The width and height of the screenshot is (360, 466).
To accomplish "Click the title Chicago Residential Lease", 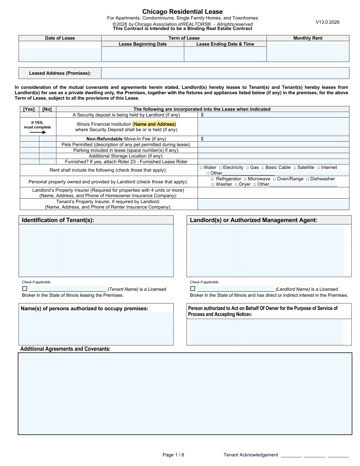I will [182, 12].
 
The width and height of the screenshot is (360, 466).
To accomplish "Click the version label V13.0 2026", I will [327, 22].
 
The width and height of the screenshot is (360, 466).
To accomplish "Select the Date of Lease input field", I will [60, 54].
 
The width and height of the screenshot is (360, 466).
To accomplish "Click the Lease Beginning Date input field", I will [142, 54].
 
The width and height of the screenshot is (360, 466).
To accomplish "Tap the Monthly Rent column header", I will [308, 38].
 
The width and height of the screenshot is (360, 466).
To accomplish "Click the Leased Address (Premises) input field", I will [225, 73].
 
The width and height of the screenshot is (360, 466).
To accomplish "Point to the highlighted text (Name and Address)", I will [154, 124].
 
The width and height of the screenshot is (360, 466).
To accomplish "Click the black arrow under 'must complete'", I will [37, 132].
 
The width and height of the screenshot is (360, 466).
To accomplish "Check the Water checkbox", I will [201, 168].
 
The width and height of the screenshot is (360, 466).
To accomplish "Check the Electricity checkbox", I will [220, 168].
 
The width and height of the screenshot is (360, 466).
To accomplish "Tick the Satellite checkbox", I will [295, 168].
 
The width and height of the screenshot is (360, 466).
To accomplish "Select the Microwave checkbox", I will [245, 179].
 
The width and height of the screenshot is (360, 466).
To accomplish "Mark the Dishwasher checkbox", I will [307, 179].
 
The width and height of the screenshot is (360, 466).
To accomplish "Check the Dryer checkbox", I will [236, 185].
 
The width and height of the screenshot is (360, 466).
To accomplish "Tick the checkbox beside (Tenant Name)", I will [25, 289].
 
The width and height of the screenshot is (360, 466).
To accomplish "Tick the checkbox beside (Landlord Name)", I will [193, 289].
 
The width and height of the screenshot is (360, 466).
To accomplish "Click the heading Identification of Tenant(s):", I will [58, 220].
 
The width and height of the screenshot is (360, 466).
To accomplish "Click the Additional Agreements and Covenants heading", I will [65, 349].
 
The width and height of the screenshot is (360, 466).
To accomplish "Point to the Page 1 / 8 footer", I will [173, 455].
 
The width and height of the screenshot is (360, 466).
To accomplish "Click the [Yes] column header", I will [29, 109].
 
